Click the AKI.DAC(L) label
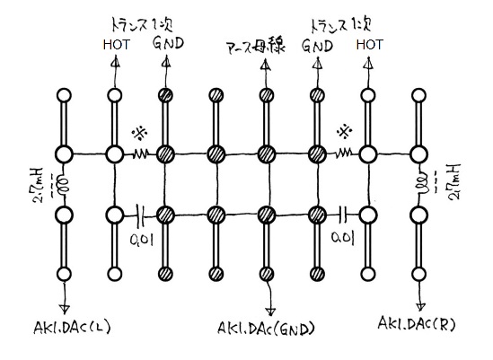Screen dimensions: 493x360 coord(73,328)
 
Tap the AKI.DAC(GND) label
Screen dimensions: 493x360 coord(266,329)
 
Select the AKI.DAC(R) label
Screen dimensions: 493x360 coord(417,324)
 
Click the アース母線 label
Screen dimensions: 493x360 coord(256,47)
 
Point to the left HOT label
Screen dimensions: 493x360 coord(117,45)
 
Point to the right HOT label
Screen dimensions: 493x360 coord(370,45)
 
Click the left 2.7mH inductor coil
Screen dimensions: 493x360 coord(63,185)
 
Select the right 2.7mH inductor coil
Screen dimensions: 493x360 coord(423,185)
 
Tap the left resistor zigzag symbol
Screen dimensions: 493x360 coord(140,154)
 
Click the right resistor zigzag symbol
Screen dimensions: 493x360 coord(343,154)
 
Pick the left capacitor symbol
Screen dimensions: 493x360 coord(140,215)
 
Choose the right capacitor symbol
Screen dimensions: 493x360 coord(344,215)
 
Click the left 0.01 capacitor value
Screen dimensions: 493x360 coord(142,240)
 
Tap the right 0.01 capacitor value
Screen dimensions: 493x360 coord(343,238)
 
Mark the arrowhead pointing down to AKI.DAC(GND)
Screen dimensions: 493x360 coord(270,312)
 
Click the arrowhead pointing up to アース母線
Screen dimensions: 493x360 coord(266,64)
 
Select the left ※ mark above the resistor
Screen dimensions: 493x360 coord(140,133)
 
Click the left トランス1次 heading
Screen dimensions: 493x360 coord(142,25)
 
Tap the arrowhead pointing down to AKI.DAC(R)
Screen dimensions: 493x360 coord(420,306)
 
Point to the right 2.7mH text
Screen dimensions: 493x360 coord(454,181)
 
